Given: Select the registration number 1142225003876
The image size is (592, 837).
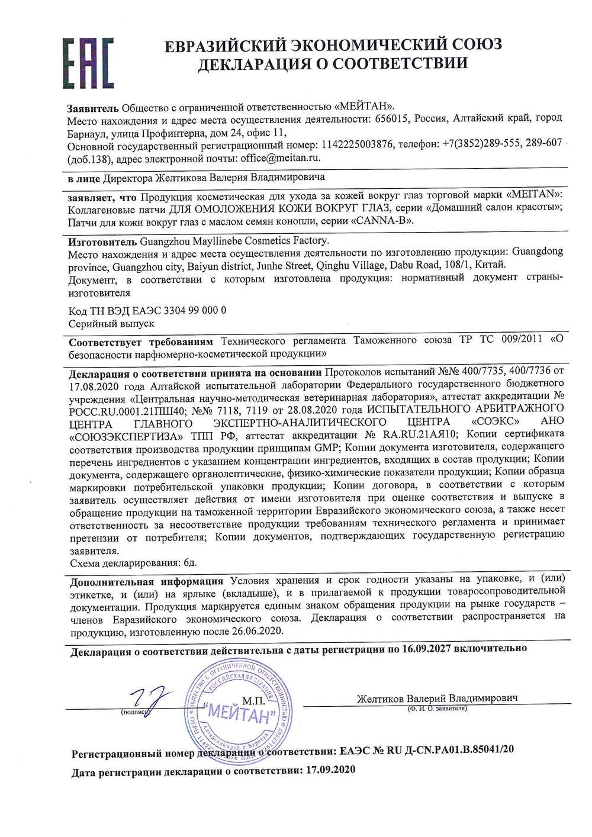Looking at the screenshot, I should click(356, 144).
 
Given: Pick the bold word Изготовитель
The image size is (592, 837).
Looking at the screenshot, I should click(102, 241).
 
